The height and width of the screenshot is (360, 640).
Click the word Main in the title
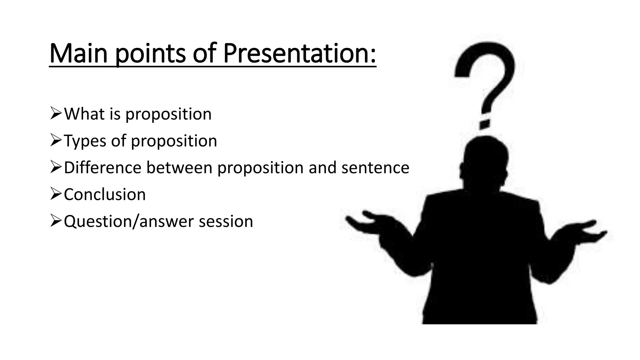tap(78, 54)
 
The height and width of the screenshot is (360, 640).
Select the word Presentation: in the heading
tap(299, 54)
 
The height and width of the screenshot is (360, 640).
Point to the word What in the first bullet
tap(84, 114)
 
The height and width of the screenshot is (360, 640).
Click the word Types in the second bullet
tap(85, 141)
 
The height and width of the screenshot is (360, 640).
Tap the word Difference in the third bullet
tap(102, 167)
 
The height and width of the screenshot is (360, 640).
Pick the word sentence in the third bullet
tap(375, 168)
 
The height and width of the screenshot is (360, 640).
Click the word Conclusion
tap(105, 194)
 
